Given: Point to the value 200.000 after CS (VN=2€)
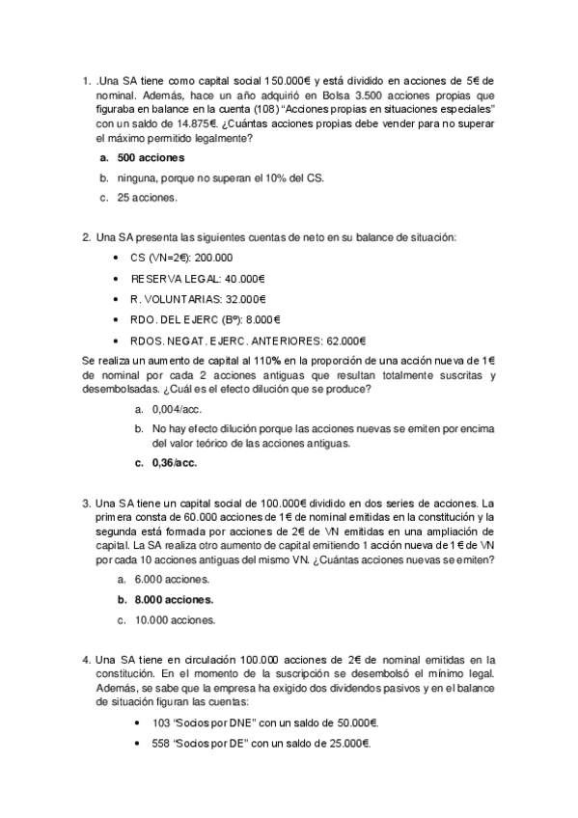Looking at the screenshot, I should (213, 258).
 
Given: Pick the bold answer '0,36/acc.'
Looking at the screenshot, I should (174, 463).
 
